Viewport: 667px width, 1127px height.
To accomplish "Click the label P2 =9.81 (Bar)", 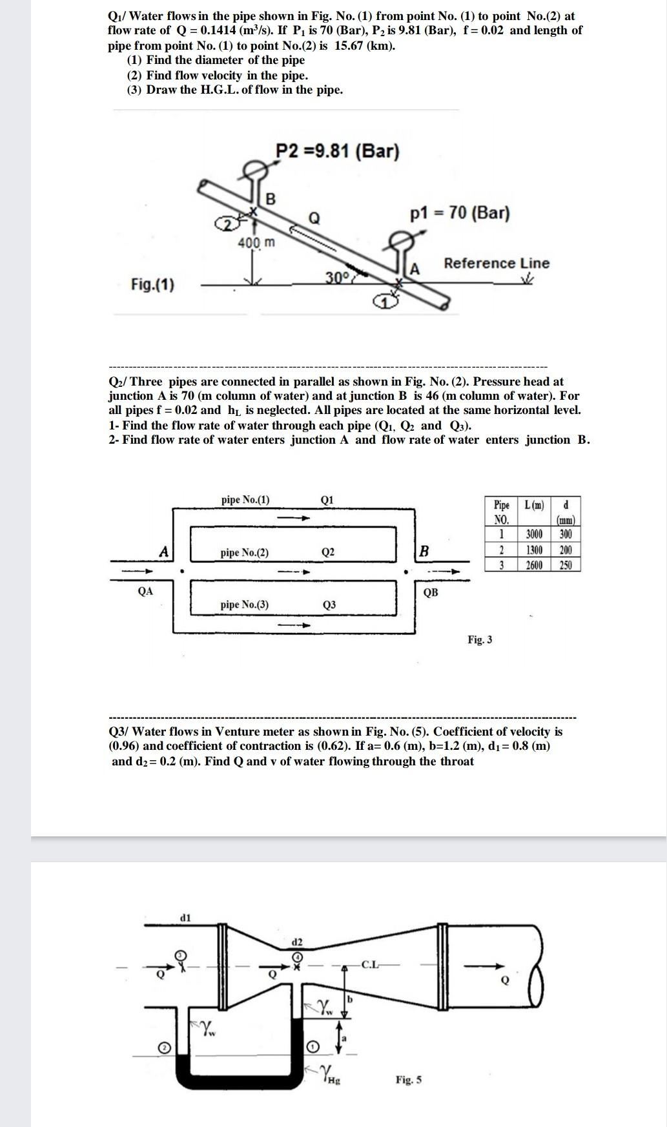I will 337,151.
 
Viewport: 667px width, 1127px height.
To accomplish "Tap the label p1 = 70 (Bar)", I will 459,213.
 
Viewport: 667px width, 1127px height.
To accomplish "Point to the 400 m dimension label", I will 256,243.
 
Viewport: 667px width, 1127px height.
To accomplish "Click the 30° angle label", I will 336,278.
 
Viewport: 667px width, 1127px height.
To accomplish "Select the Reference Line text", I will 496,263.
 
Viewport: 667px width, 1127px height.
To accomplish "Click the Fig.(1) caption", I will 152,284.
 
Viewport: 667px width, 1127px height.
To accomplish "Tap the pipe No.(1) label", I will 245,499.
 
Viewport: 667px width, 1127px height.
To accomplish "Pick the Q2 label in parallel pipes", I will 327,552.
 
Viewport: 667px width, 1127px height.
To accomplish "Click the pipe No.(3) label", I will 244,605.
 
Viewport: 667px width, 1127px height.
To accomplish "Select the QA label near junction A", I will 145,590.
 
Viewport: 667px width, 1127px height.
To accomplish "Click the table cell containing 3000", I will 534,534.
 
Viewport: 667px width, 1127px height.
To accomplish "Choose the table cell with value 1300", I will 534,550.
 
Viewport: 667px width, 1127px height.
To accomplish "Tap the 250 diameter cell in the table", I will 566,565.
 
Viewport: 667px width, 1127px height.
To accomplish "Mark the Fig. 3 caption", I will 480,639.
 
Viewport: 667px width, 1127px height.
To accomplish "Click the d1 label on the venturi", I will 185,917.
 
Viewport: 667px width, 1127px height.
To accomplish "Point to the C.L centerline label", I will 370,965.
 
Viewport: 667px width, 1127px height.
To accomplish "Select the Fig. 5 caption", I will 409,1079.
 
